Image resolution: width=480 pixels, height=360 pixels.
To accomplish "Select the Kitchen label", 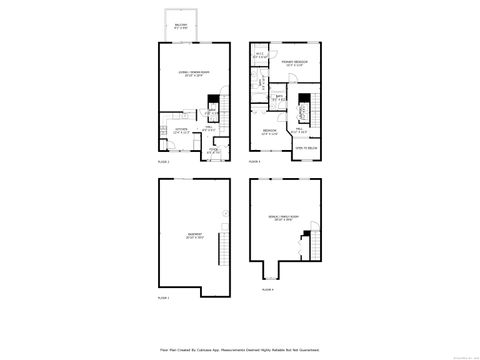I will click(x=182, y=131).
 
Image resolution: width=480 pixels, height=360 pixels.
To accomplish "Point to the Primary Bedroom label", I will click(x=293, y=64).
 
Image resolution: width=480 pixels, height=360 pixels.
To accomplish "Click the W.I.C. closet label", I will click(x=259, y=56).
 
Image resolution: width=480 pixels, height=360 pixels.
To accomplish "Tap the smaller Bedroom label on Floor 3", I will click(x=269, y=132).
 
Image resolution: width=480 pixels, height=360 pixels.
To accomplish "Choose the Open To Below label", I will click(x=305, y=147).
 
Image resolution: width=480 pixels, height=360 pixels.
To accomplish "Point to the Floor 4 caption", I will click(x=267, y=289).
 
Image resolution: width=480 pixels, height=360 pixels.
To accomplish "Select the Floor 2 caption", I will click(x=164, y=161).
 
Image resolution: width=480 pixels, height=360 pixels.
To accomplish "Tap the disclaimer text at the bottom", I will click(x=240, y=350).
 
